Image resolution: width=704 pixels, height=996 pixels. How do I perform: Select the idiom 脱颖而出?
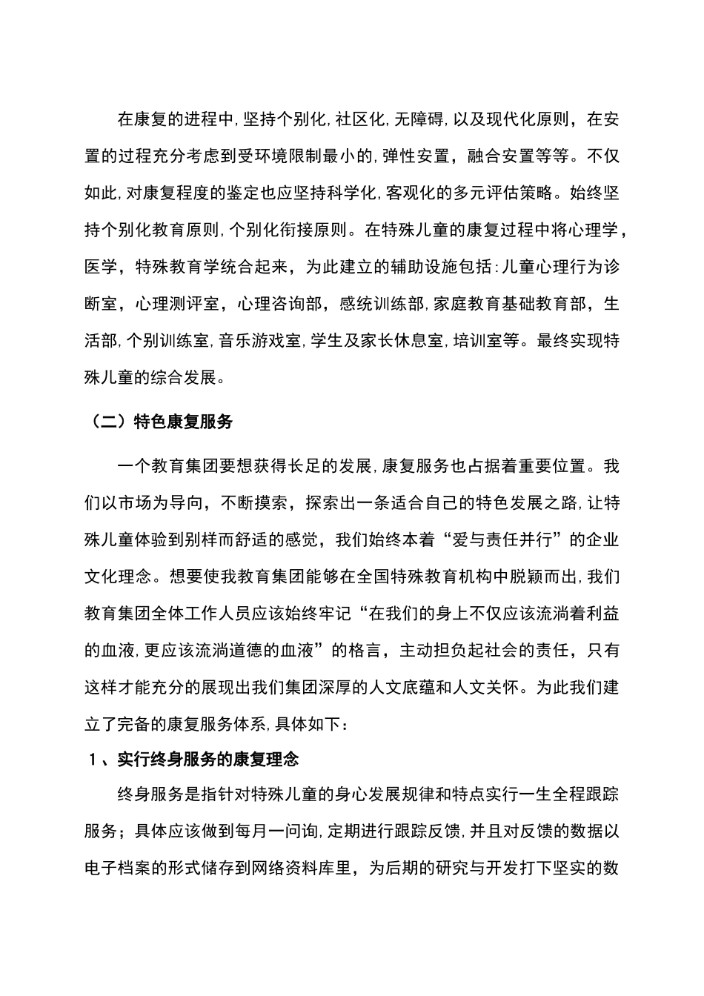pos(546,576)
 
